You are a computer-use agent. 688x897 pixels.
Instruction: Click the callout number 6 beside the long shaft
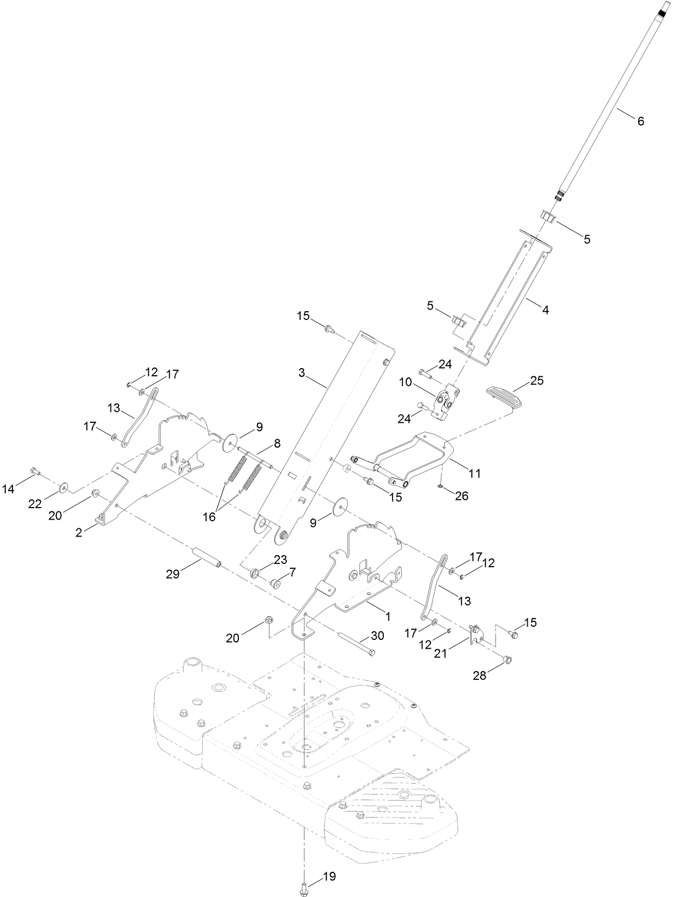point(640,121)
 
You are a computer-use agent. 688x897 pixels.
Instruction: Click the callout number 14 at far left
point(8,490)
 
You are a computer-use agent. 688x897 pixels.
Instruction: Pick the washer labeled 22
point(64,486)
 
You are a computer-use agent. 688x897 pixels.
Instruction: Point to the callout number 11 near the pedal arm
point(475,473)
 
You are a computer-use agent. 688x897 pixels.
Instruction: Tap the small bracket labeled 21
point(476,634)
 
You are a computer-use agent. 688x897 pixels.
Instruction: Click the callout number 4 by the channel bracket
point(545,310)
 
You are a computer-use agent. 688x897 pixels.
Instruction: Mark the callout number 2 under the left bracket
point(79,533)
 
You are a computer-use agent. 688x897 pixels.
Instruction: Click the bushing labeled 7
point(276,584)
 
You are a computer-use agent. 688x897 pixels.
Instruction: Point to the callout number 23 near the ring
point(280,560)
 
